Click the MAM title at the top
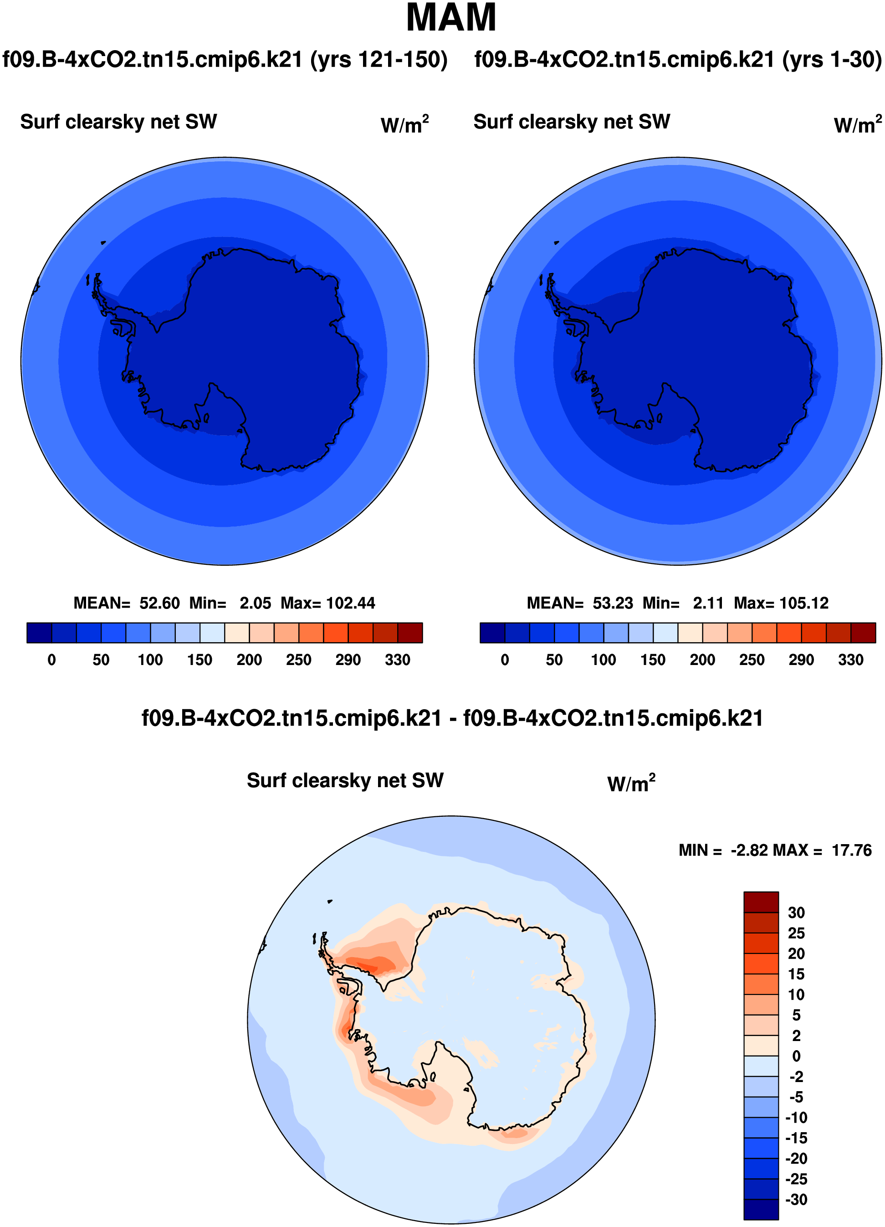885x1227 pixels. point(451,18)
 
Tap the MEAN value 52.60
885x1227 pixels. point(159,603)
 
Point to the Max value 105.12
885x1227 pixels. point(804,603)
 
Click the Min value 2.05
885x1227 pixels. point(255,603)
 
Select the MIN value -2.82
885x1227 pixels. point(749,851)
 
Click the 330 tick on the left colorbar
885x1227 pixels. point(397,660)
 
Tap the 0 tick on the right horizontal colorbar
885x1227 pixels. point(504,660)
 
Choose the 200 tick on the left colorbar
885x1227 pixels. point(249,660)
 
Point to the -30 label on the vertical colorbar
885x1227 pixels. point(796,1200)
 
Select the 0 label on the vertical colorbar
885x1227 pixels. point(796,1057)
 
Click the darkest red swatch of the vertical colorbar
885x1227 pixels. point(761,902)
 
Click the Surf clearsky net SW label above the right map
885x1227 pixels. point(572,122)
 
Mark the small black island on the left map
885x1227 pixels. point(103,242)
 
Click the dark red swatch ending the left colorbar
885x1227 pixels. point(410,633)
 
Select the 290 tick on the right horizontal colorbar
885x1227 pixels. point(801,660)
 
